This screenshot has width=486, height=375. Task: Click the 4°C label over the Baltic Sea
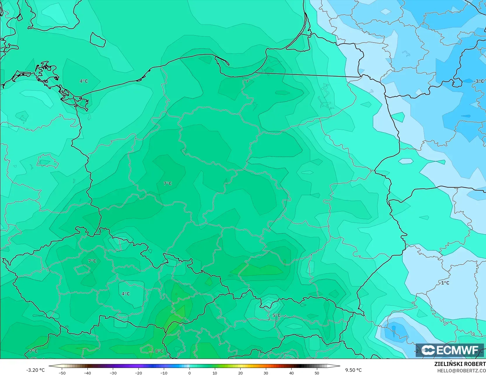click(x=84, y=81)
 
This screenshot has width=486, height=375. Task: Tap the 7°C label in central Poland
click(x=168, y=183)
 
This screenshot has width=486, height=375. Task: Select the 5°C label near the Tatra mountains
click(x=276, y=315)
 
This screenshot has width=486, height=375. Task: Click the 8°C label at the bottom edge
click(x=159, y=351)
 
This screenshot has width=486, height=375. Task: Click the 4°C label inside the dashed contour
click(x=126, y=294)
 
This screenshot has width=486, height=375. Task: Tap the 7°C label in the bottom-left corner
click(x=34, y=351)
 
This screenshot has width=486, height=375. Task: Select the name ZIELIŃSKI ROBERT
click(x=460, y=364)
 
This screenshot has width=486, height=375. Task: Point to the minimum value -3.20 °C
click(x=36, y=370)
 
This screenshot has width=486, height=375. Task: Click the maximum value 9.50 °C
click(x=353, y=370)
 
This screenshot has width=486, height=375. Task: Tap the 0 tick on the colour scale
click(x=189, y=373)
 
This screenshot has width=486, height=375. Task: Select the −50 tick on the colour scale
click(x=62, y=373)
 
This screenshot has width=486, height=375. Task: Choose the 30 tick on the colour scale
click(x=266, y=373)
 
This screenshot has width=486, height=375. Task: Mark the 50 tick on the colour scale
click(x=317, y=373)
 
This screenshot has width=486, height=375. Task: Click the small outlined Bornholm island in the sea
click(x=98, y=40)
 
